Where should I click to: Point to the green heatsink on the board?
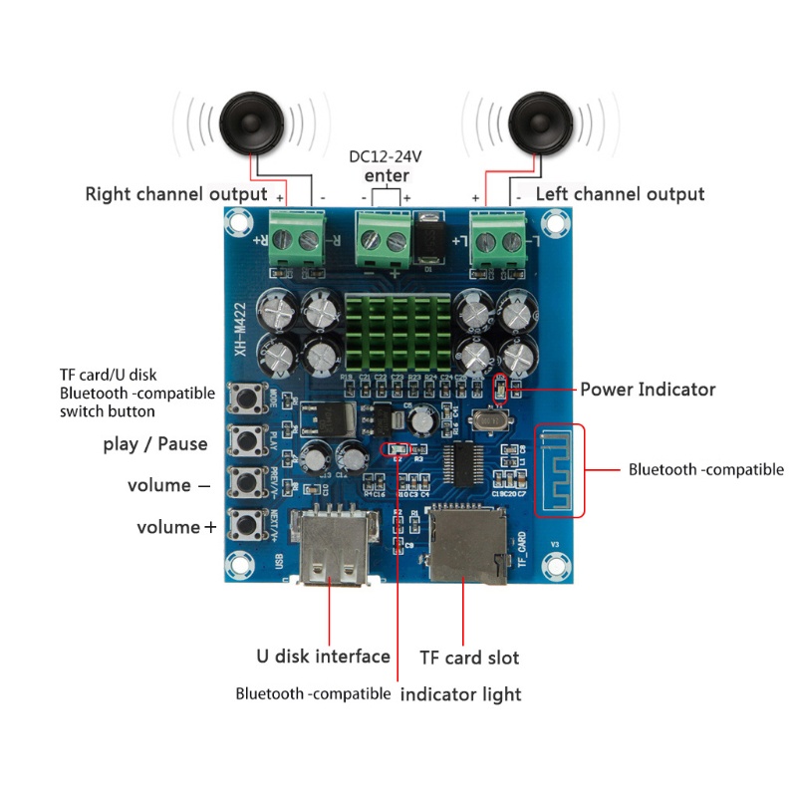397,334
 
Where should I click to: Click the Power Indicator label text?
648,390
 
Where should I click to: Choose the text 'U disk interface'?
323,657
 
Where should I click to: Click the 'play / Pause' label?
154,443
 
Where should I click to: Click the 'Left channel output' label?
620,194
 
